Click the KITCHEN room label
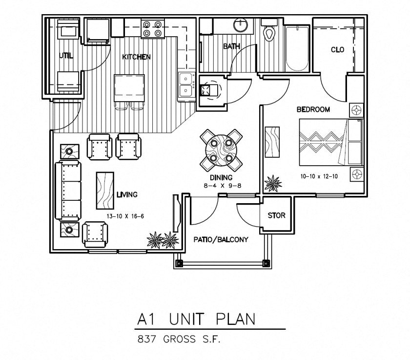click(136, 57)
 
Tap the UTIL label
click(66, 56)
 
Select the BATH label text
click(232, 46)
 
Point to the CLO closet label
click(337, 49)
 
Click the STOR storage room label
click(276, 215)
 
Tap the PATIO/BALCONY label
click(221, 239)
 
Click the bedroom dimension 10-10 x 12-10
click(319, 176)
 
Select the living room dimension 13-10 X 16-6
click(125, 216)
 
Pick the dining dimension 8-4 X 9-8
click(222, 186)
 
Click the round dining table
click(221, 150)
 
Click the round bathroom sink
click(241, 25)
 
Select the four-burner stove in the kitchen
click(152, 29)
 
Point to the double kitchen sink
click(186, 87)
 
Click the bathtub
click(297, 48)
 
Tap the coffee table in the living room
click(105, 191)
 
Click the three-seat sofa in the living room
click(68, 191)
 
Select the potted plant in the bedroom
click(273, 183)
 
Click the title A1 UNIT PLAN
click(196, 319)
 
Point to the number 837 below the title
click(147, 339)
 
